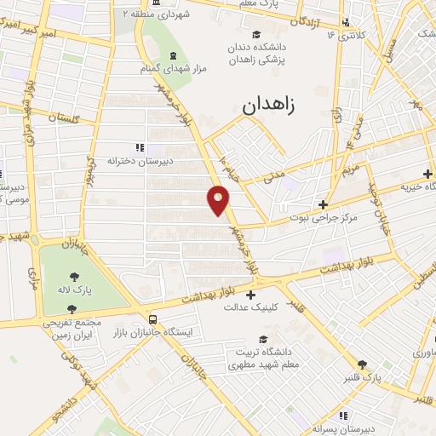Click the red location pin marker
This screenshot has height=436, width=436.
219,199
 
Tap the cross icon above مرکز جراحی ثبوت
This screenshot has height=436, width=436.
323,204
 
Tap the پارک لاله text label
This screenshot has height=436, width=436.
76,290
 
